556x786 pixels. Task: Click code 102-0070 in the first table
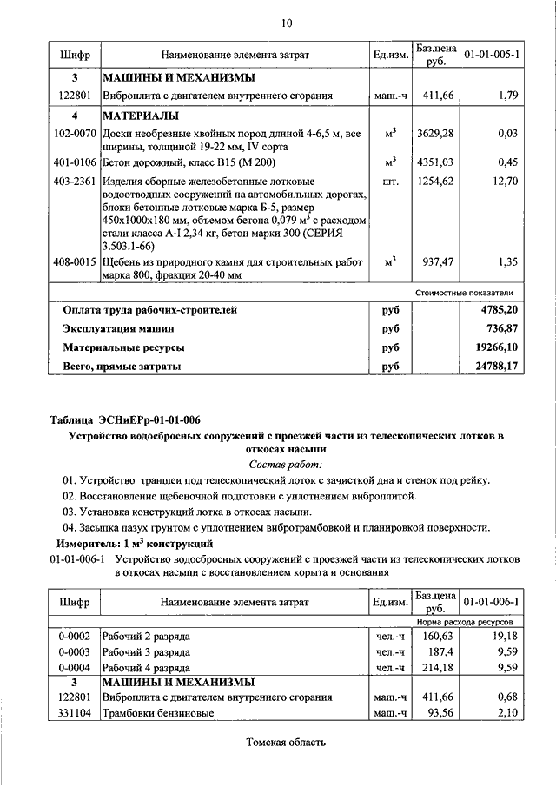click(x=75, y=134)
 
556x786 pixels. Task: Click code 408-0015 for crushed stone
click(x=75, y=261)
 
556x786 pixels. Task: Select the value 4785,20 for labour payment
click(x=494, y=309)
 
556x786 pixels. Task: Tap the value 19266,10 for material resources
click(x=492, y=347)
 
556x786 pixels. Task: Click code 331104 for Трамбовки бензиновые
click(x=75, y=712)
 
